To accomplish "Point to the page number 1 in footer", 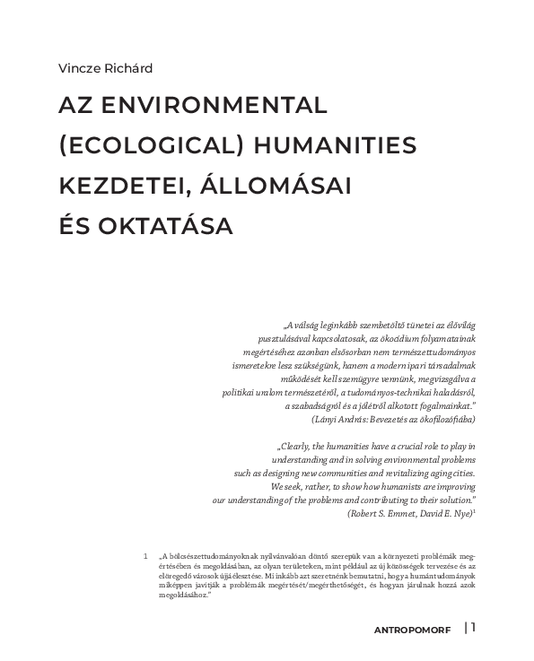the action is pyautogui.click(x=473, y=627).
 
